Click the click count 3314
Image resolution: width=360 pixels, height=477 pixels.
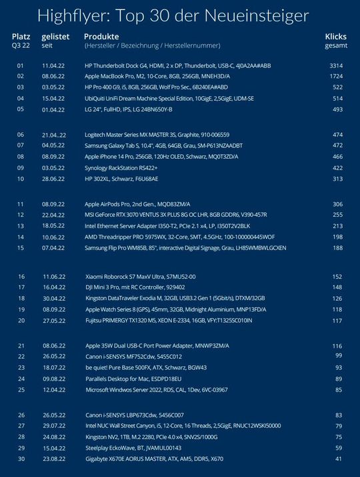[335, 67]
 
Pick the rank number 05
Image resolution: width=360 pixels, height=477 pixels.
[20, 109]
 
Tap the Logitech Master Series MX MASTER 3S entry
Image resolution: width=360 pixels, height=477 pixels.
[157, 135]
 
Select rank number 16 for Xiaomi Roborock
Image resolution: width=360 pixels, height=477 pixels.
[20, 276]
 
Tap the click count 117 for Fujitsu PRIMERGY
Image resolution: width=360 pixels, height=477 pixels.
[337, 320]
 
